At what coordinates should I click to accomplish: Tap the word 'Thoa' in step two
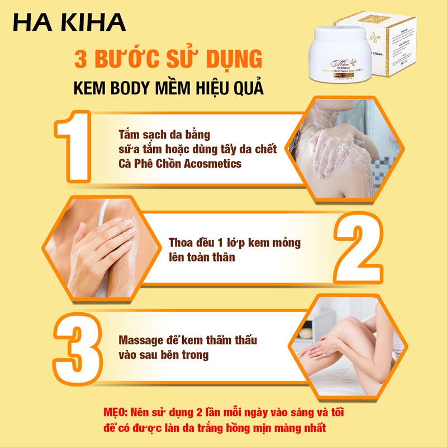pyautogui.click(x=180, y=243)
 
